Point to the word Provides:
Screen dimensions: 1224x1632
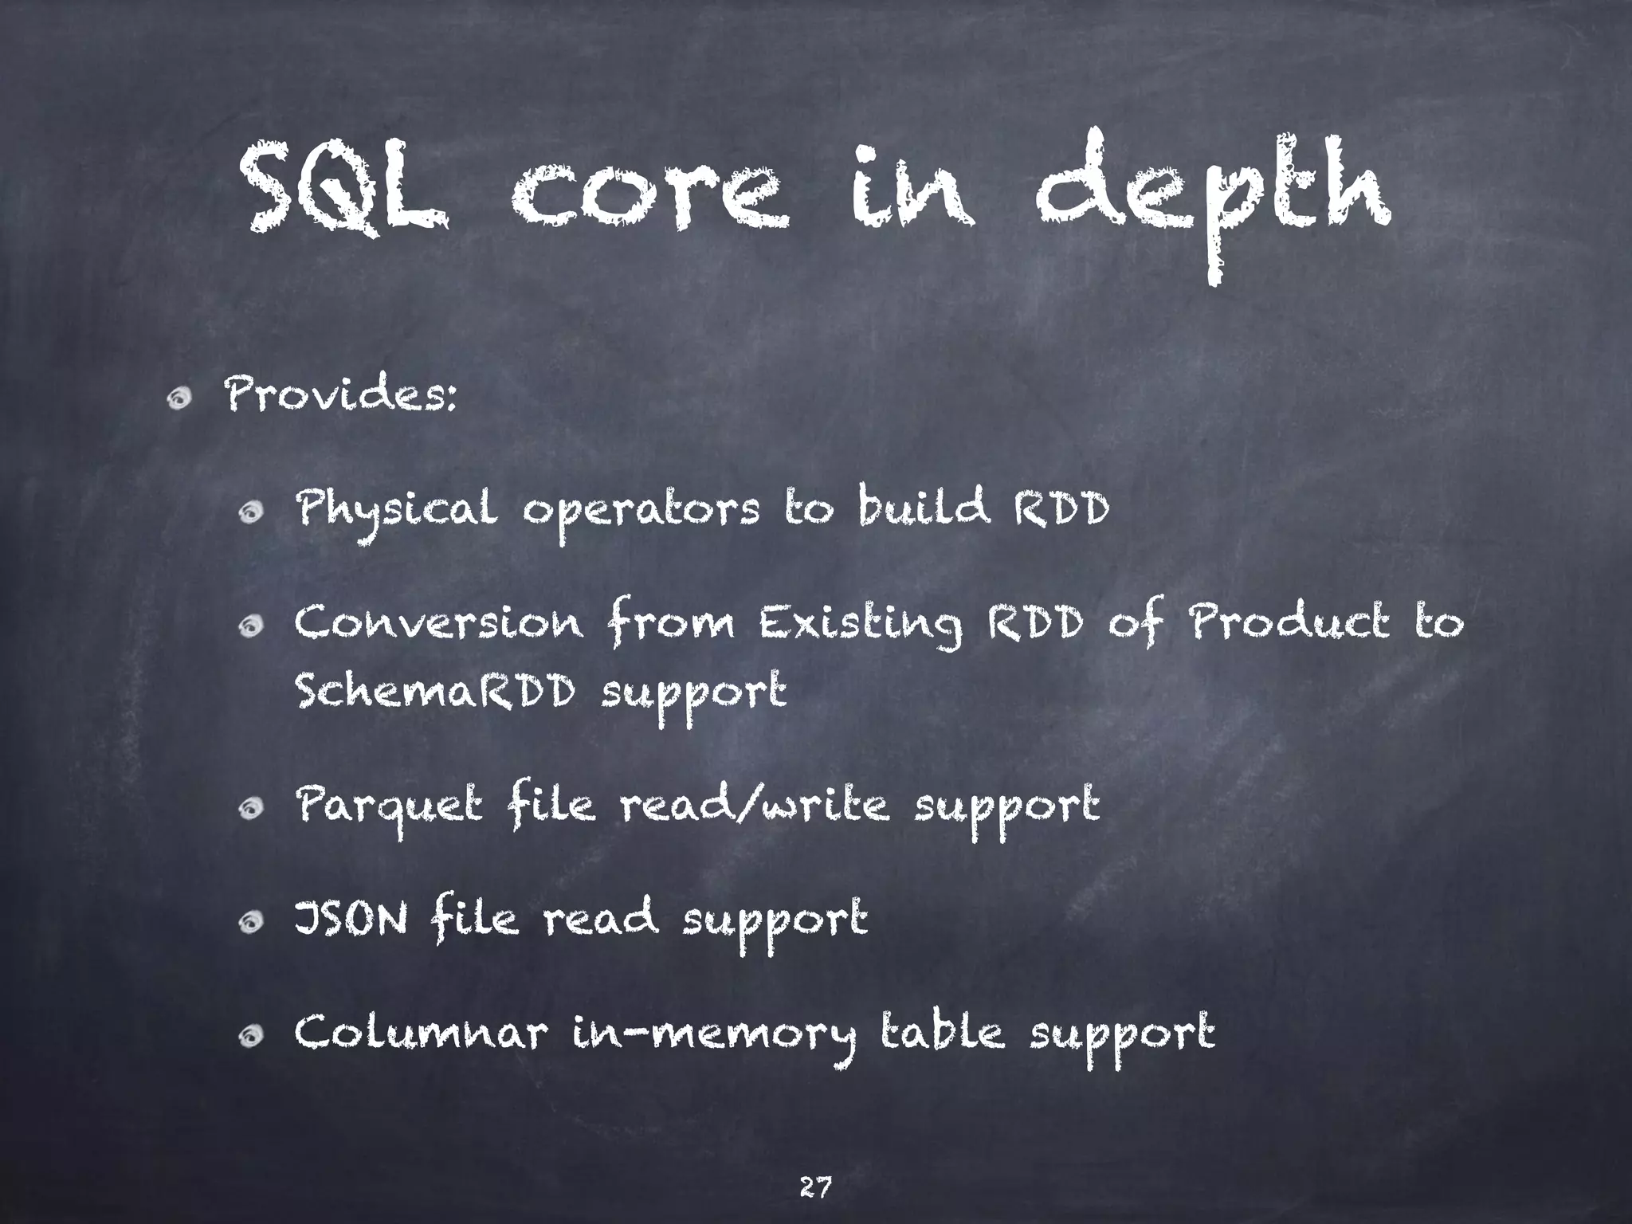click(342, 395)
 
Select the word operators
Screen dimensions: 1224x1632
click(641, 512)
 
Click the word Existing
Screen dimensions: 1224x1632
click(861, 625)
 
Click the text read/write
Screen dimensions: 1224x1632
click(755, 806)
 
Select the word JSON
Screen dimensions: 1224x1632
click(351, 920)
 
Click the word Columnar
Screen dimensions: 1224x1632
click(422, 1034)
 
